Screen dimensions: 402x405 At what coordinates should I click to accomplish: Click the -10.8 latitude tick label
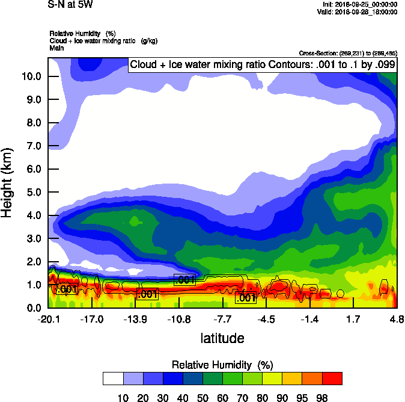[x=179, y=319]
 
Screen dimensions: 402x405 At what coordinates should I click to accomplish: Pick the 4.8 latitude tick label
[x=396, y=319]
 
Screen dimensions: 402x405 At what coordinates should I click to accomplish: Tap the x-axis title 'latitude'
[x=222, y=338]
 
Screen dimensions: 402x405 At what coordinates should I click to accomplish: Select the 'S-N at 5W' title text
[x=70, y=4]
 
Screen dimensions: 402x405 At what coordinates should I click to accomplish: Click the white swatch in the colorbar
[x=113, y=379]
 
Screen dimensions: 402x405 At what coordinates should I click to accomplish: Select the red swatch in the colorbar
[x=332, y=379]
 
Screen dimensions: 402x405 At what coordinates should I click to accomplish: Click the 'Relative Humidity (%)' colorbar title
[x=222, y=365]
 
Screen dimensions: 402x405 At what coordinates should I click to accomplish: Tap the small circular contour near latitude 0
[x=340, y=294]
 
